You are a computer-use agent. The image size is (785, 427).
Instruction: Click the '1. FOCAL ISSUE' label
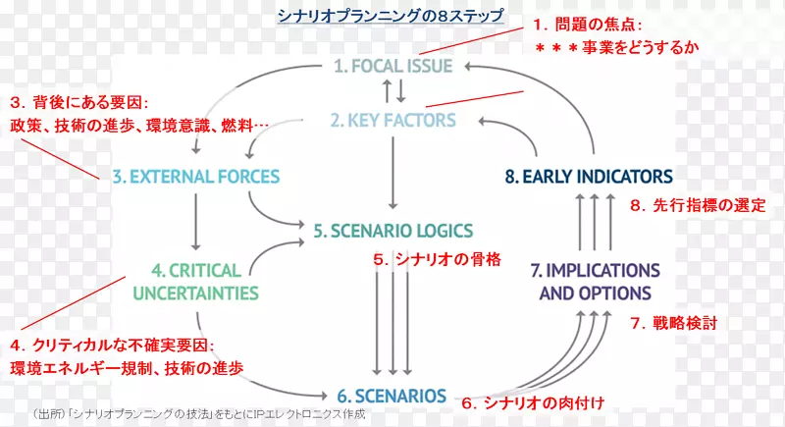(x=392, y=67)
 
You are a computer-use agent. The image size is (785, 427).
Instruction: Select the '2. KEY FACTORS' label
(x=392, y=121)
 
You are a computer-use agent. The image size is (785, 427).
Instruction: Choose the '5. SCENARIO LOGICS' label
(x=392, y=231)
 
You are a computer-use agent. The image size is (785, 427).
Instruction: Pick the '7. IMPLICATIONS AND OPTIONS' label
(x=596, y=281)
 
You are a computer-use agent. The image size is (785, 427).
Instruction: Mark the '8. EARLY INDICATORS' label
(x=589, y=177)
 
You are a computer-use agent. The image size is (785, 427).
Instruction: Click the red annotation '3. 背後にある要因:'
(x=78, y=102)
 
